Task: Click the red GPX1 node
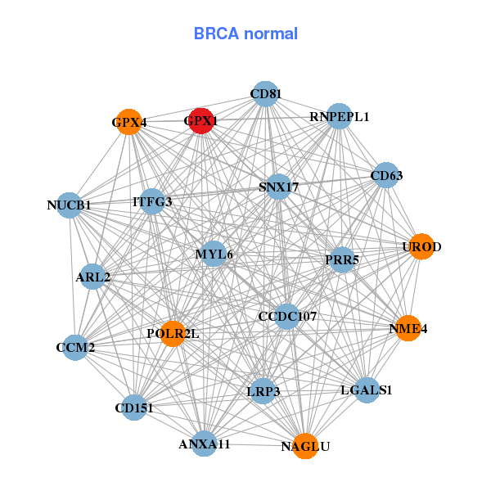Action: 201,121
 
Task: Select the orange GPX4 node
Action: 129,123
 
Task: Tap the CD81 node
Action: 264,94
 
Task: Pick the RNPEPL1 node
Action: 339,116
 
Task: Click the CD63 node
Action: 385,174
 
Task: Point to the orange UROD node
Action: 421,246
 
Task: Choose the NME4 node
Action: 408,329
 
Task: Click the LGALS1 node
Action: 367,390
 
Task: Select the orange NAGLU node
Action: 304,446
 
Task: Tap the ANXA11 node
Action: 205,444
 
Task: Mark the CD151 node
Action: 134,407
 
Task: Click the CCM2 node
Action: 76,347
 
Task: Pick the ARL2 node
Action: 92,277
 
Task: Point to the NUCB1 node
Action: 70,205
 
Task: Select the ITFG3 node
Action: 152,201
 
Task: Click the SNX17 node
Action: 278,187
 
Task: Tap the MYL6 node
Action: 214,254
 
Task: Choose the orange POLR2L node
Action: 173,333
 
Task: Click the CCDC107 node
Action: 286,316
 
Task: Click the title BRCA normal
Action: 245,34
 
